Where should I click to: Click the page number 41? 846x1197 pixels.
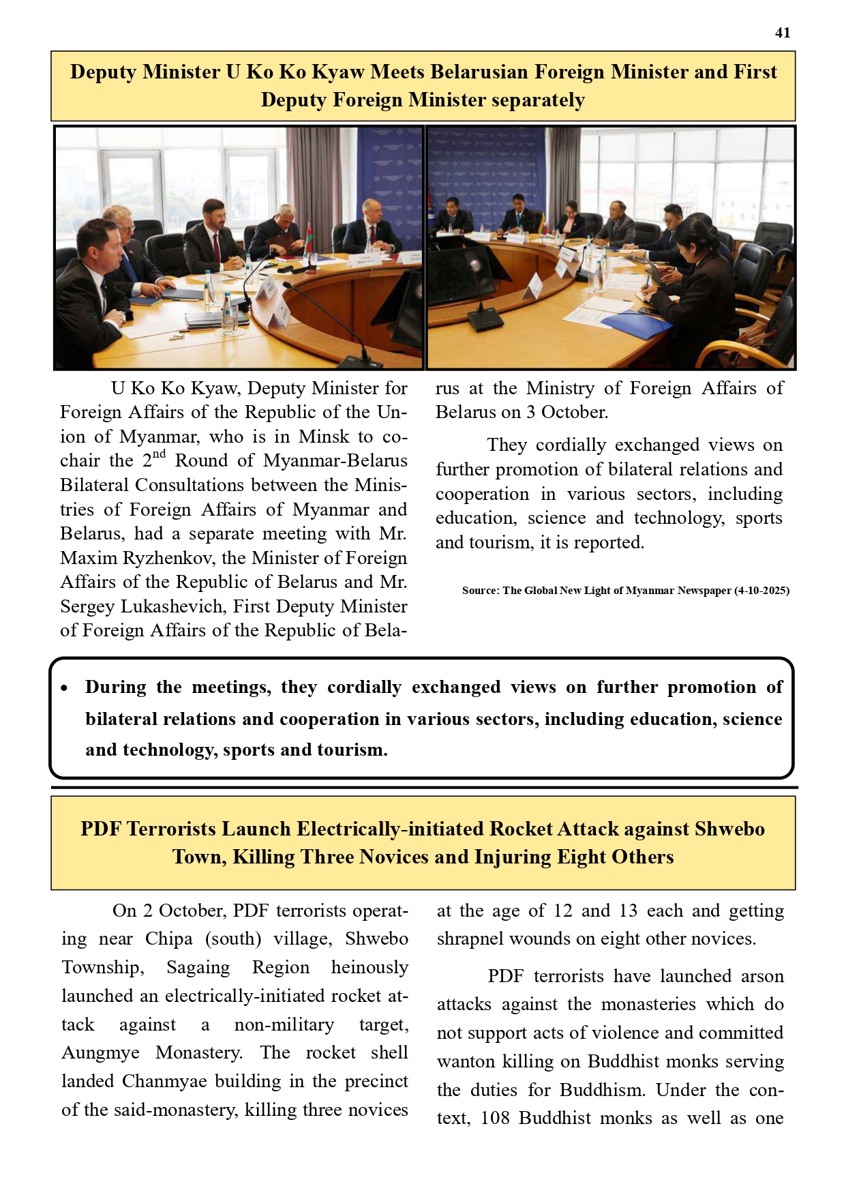pyautogui.click(x=783, y=33)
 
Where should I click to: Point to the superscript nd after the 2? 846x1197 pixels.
pyautogui.click(x=159, y=454)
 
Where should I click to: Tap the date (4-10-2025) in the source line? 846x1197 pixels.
pyautogui.click(x=761, y=591)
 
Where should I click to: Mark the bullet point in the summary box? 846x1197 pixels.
pyautogui.click(x=64, y=688)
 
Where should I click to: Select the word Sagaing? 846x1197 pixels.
pyautogui.click(x=198, y=968)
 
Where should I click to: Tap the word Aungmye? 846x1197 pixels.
pyautogui.click(x=100, y=1053)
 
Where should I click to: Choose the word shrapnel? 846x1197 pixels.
pyautogui.click(x=467, y=939)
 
